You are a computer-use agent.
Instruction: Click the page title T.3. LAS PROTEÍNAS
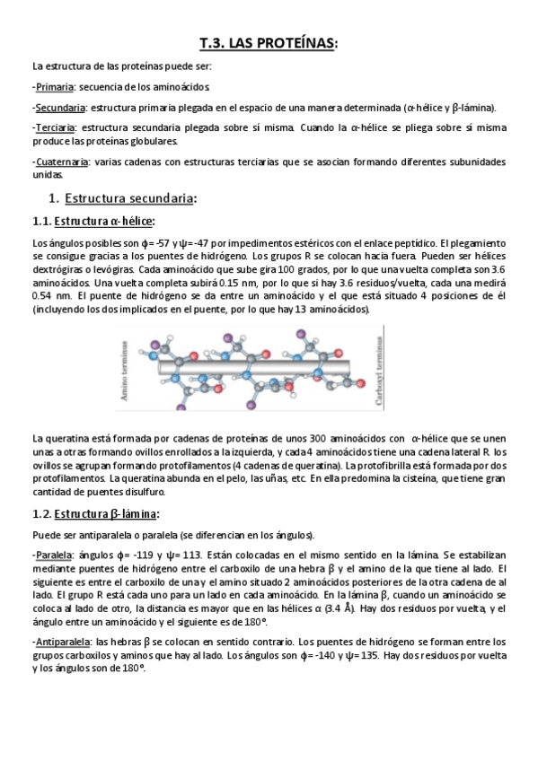click(269, 42)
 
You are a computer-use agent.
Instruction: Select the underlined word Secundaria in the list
click(59, 108)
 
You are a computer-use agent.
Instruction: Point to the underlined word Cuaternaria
click(61, 162)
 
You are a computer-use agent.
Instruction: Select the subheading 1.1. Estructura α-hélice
click(93, 221)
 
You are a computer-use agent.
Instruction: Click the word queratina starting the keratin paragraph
click(69, 438)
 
